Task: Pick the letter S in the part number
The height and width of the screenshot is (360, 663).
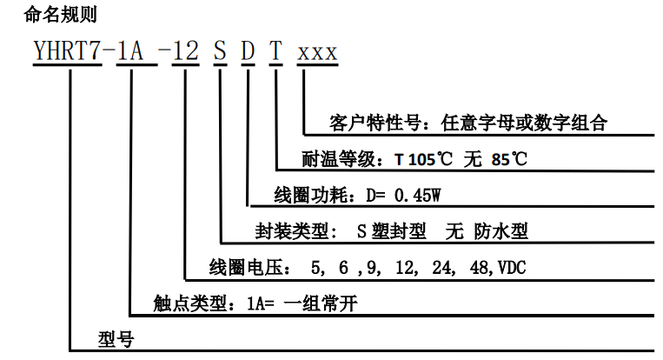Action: (221, 54)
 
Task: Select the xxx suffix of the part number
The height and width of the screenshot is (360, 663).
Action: (317, 54)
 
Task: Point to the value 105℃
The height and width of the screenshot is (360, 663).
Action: (431, 160)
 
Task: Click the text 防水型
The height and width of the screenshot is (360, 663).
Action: (501, 230)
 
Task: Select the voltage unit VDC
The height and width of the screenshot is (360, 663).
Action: (508, 267)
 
